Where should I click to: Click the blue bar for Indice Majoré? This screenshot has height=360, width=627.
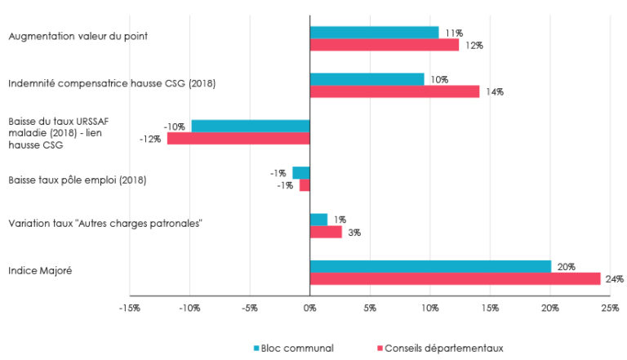430,266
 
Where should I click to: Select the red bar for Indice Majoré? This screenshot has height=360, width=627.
455,278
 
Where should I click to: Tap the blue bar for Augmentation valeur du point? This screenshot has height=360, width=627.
374,33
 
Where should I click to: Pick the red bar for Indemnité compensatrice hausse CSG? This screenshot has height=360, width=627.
394,91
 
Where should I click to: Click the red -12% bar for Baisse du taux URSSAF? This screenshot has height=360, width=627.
238,139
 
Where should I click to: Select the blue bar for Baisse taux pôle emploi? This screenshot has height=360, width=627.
301,172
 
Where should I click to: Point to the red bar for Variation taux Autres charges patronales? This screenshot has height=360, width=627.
326,232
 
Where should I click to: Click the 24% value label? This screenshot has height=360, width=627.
615,279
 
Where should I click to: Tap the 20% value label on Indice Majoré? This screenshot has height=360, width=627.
566,267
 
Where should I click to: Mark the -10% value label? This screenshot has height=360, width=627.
173,127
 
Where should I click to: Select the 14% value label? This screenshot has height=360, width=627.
494,92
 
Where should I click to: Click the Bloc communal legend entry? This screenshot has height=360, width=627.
296,348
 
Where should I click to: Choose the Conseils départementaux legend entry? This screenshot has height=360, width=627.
445,348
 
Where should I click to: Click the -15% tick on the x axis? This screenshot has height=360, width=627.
129,308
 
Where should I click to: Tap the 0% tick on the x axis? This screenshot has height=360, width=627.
309,308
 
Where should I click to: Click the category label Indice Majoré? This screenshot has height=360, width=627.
40,270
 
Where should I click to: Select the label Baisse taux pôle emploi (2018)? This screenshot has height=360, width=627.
77,180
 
